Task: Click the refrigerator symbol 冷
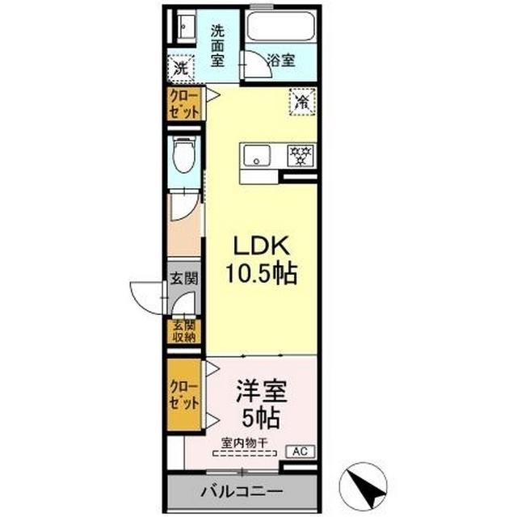click(301, 102)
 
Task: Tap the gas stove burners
click(301, 153)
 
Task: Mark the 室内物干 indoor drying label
click(246, 443)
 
